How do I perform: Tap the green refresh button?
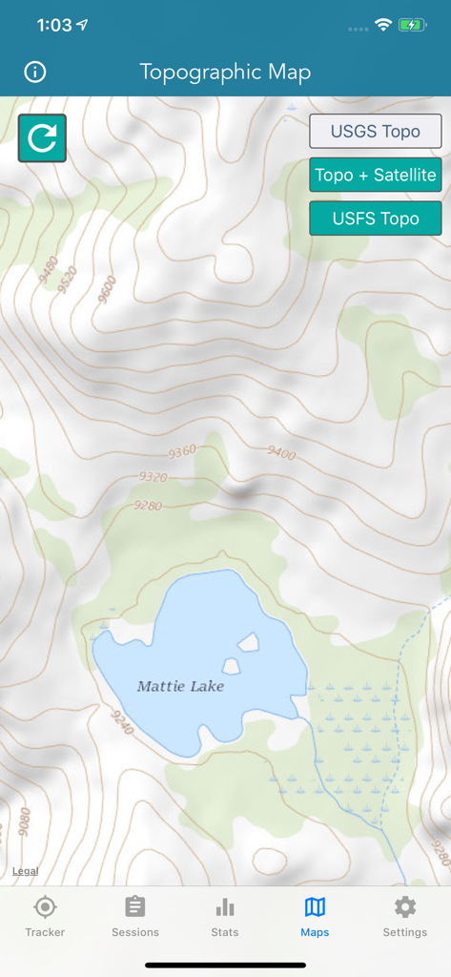(x=42, y=138)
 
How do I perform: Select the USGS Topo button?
(x=375, y=132)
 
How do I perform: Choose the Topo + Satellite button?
(x=375, y=175)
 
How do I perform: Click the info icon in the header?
(x=35, y=72)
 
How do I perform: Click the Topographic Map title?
(x=225, y=72)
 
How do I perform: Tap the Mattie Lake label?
(x=180, y=686)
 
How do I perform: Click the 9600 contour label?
(x=105, y=287)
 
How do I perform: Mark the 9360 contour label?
(x=180, y=450)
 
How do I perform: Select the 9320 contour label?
(x=152, y=476)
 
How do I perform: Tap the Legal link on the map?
(x=25, y=870)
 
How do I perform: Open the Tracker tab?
(x=45, y=916)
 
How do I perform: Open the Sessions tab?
(x=135, y=916)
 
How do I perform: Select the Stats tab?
(x=225, y=916)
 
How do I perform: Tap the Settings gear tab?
(x=405, y=916)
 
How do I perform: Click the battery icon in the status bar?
(x=413, y=25)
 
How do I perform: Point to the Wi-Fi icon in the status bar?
(x=383, y=25)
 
